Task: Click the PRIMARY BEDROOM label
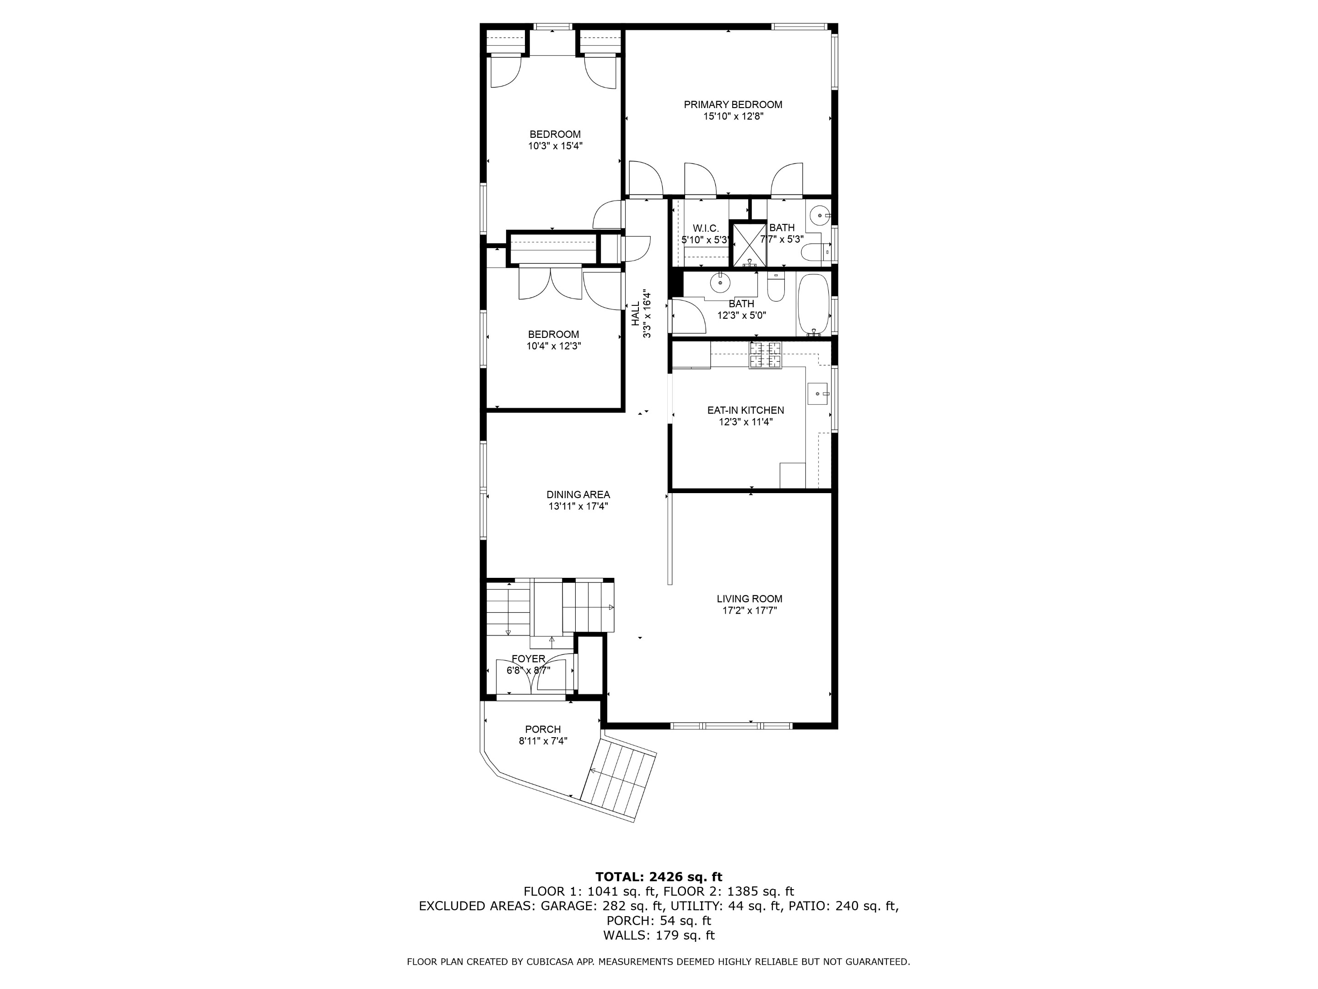tap(733, 105)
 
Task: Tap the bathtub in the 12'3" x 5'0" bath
tap(813, 304)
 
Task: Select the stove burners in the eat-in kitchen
tap(766, 356)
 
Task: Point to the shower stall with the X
tap(748, 245)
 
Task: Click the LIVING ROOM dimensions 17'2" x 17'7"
tap(750, 610)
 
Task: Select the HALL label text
tap(636, 314)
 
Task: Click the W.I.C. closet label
tap(706, 228)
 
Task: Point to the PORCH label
tap(543, 729)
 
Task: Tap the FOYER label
tap(529, 659)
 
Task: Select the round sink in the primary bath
tap(821, 215)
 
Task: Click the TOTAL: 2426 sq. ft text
tap(659, 877)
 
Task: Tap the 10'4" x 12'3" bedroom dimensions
tap(554, 346)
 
